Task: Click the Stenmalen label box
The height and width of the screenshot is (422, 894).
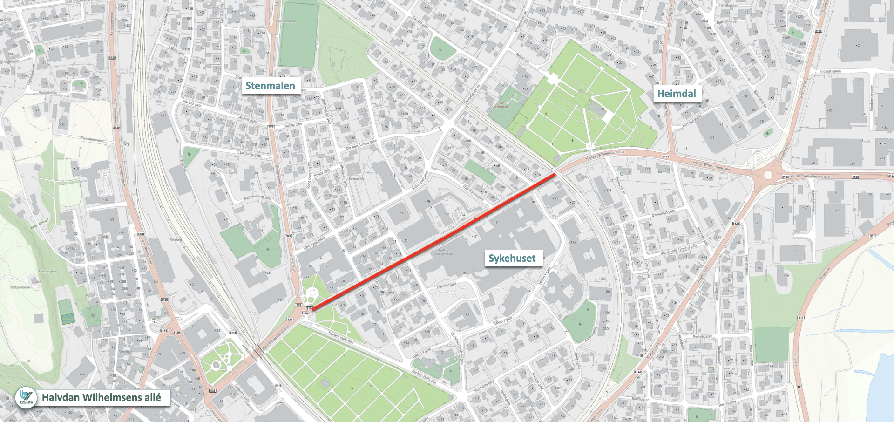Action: [x=270, y=86]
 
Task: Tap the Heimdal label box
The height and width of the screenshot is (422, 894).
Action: [x=676, y=94]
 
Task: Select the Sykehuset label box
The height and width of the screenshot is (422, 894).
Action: [x=512, y=258]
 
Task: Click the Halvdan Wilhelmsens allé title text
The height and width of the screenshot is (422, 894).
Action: [x=102, y=397]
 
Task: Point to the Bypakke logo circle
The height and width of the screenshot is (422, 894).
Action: [x=27, y=397]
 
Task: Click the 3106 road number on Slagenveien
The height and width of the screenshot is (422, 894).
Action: [x=819, y=31]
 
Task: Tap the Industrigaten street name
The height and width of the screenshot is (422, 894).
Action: [x=830, y=71]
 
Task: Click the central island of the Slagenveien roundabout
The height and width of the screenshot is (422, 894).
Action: [x=768, y=175]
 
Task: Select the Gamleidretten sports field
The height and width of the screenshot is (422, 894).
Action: [x=298, y=35]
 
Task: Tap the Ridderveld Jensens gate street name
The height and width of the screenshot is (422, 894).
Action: [x=678, y=249]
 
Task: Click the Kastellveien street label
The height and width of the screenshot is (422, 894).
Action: [x=48, y=92]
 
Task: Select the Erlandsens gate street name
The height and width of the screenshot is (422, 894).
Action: [x=248, y=153]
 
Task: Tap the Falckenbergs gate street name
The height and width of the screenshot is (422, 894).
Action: [x=257, y=197]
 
